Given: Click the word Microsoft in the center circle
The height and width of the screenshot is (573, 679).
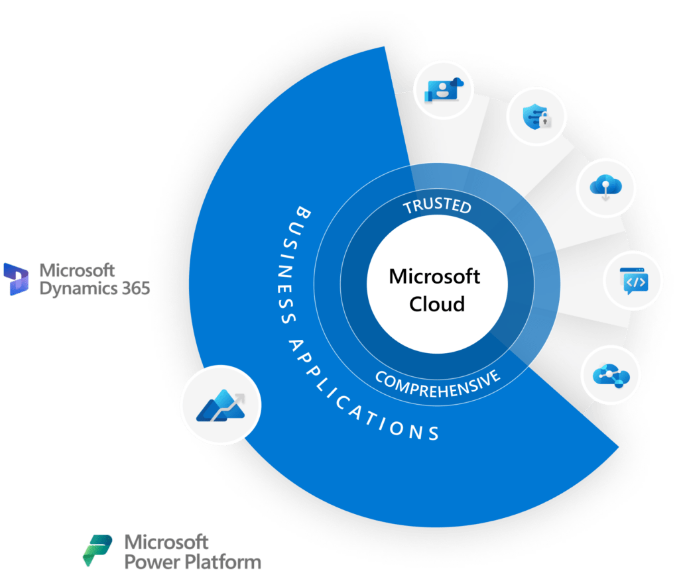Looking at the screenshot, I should [434, 276].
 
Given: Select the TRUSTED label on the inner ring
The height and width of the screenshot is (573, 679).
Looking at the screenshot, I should [437, 206].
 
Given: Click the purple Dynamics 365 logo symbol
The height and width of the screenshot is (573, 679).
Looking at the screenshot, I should [16, 279].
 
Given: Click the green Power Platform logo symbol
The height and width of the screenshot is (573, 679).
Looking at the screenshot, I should [97, 550].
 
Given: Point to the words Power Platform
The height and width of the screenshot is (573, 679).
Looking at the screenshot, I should [193, 562].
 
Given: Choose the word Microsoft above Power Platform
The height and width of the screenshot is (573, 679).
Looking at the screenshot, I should [166, 542].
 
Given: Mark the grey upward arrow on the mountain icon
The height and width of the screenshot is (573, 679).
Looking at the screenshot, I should [235, 398].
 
